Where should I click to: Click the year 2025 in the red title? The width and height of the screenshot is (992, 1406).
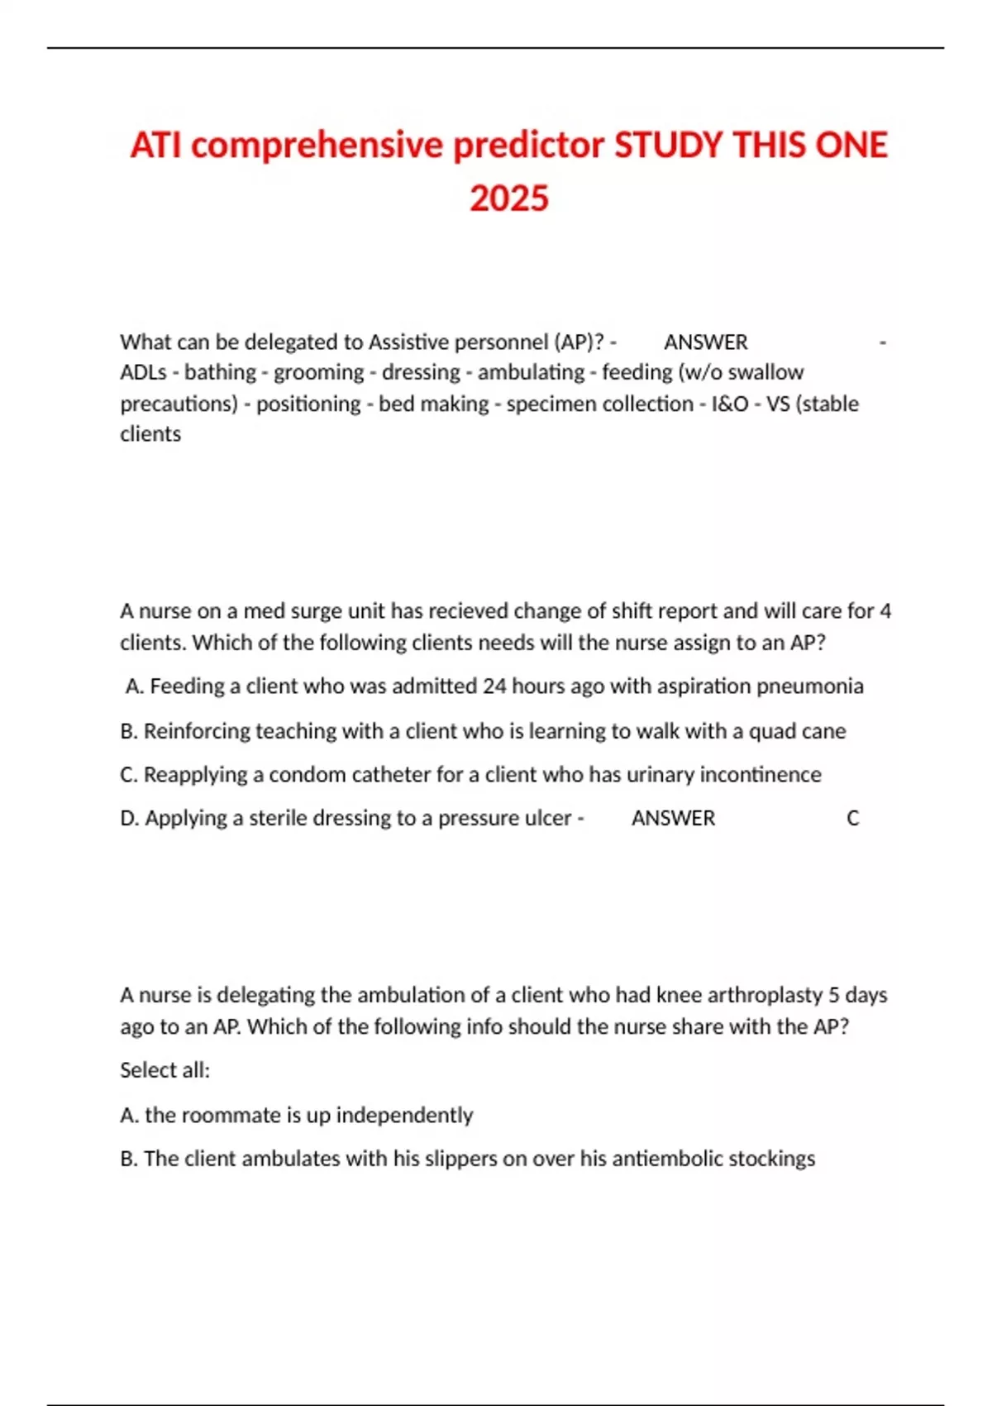(x=508, y=198)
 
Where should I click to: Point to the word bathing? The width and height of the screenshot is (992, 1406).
(x=220, y=372)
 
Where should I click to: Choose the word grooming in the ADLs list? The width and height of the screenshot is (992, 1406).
(x=318, y=372)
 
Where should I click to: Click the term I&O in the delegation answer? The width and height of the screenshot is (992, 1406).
(x=729, y=404)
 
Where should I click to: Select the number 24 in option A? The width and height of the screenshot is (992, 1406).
(x=494, y=686)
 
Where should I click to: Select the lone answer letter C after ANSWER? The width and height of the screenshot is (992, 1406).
(x=852, y=818)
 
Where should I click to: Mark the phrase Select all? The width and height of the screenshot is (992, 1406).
(x=165, y=1070)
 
